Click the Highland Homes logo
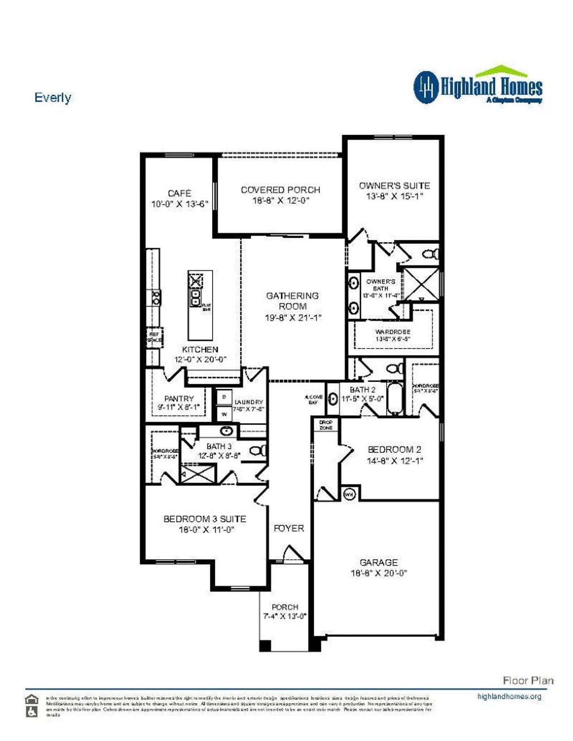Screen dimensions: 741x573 point(478,86)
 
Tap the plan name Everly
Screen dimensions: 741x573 point(52,98)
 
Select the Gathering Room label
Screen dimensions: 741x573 point(292,301)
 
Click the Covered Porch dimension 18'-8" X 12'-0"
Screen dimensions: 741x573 point(281,200)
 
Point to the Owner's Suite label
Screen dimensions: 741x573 point(394,185)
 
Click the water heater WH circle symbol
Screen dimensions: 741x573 point(349,494)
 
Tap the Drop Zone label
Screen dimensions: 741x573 point(326,425)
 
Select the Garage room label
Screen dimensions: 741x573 point(379,562)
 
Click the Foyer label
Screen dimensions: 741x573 point(289,528)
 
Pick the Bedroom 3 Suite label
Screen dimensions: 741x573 point(205,519)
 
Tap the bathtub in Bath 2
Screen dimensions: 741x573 point(395,398)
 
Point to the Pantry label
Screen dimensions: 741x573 point(179,398)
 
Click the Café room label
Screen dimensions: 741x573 point(180,193)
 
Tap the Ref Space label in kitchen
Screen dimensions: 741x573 point(154,337)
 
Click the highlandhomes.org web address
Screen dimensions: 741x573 point(509,696)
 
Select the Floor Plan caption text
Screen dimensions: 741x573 point(528,681)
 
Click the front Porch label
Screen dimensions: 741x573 point(285,607)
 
